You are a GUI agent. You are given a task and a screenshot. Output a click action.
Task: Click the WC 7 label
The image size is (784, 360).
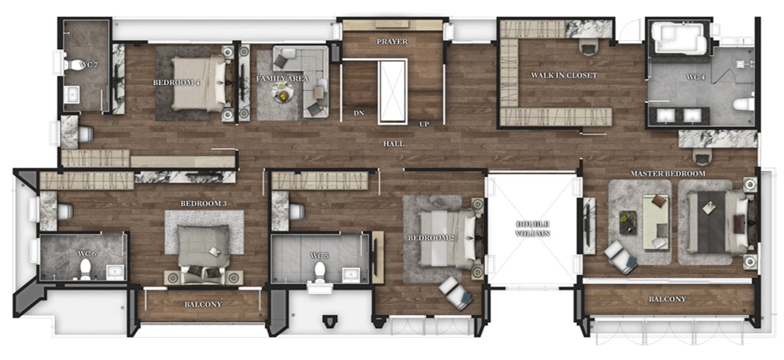click(x=89, y=65)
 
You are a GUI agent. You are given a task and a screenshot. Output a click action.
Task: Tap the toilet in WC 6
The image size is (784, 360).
click(x=85, y=270)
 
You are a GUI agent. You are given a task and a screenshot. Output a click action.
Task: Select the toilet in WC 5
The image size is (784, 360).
click(x=319, y=272)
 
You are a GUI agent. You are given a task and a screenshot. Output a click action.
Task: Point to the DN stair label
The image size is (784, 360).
click(x=359, y=113)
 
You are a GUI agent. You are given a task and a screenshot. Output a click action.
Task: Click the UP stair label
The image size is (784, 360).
click(x=424, y=124)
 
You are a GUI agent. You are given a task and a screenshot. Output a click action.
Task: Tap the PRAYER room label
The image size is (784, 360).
click(x=392, y=41)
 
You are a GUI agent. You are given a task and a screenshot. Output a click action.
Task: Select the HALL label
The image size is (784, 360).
click(x=393, y=144)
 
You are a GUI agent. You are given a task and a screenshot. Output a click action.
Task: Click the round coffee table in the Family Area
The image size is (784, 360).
click(x=282, y=94)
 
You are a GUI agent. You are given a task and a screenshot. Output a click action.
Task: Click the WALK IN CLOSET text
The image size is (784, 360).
click(x=564, y=75)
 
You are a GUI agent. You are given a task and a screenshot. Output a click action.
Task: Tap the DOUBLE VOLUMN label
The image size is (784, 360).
click(x=532, y=229)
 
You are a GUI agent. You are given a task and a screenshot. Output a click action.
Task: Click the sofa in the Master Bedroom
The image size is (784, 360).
click(x=655, y=221)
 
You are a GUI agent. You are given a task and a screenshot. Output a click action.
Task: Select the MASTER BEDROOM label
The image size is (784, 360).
click(x=668, y=174)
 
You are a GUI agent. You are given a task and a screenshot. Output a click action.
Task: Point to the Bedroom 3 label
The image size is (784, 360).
click(x=204, y=203)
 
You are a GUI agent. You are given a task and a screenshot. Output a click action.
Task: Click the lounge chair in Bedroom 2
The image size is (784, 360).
click(x=455, y=293)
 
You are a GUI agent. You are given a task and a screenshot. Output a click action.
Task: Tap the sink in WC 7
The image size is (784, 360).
click(x=73, y=94)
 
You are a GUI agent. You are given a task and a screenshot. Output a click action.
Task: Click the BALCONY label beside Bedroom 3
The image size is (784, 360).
click(x=203, y=304)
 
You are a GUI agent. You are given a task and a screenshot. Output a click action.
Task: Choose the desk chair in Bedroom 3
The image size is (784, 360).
click(x=65, y=211)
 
